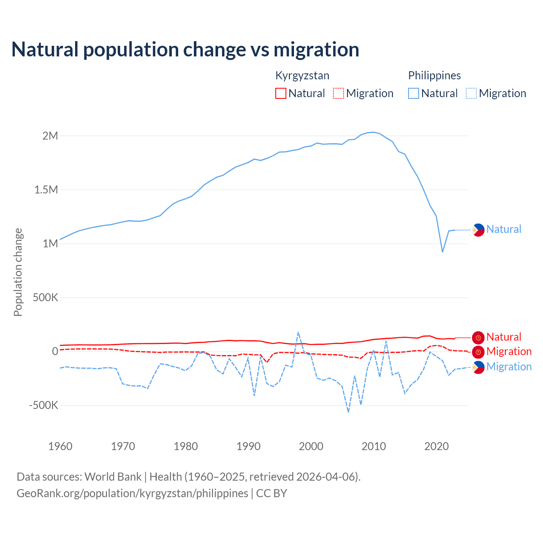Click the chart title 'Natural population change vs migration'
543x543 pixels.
[185, 49]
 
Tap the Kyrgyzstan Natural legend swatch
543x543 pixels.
[281, 93]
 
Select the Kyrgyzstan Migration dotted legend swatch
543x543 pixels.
[339, 93]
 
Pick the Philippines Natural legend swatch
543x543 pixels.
[414, 93]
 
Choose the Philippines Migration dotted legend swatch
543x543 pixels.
[471, 93]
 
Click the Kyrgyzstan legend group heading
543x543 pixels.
[302, 76]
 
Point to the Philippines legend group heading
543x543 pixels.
[434, 76]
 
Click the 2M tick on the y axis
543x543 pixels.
[50, 136]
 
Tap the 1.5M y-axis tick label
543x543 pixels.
[46, 190]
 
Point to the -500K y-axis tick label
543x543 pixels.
[43, 405]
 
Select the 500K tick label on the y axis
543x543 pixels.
[45, 297]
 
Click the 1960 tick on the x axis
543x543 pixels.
[60, 446]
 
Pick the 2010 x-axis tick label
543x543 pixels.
[374, 446]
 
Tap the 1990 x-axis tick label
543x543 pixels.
[249, 446]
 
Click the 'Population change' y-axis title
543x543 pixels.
[18, 272]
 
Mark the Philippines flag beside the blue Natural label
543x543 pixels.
[478, 230]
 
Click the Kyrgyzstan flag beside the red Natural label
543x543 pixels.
[478, 338]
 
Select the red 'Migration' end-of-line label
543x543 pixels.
[509, 351]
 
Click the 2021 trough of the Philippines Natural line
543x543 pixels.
[442, 252]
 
